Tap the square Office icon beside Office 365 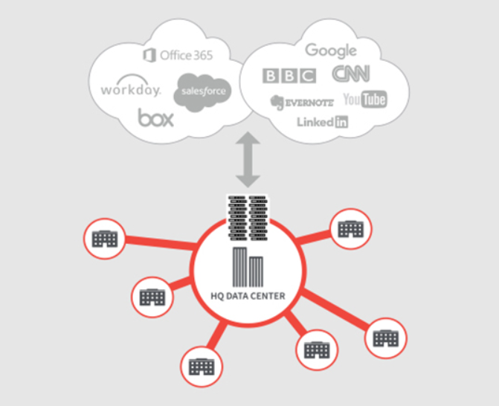tap(149, 55)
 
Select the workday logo tap(130, 90)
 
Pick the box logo tap(155, 117)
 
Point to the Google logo tap(331, 51)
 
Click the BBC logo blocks tap(289, 75)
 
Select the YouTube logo tap(364, 100)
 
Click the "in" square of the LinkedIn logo tap(341, 123)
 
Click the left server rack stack tap(236, 217)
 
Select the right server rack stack tap(259, 217)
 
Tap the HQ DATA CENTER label tap(247, 296)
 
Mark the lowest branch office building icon tap(201, 366)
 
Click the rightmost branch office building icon tap(386, 338)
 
